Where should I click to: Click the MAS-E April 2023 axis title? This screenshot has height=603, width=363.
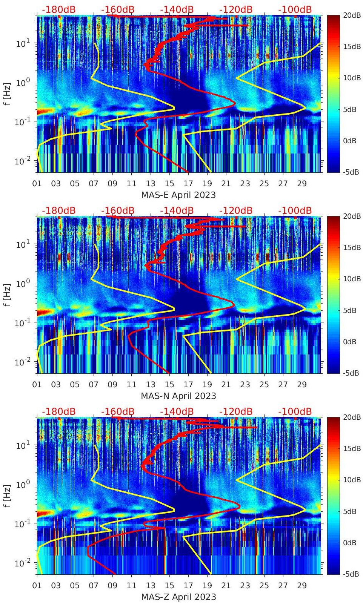coord(178,195)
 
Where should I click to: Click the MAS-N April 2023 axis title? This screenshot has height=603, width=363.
coord(178,396)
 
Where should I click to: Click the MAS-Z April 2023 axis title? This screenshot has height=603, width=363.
coord(178,597)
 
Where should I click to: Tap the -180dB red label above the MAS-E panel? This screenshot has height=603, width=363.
coord(58,9)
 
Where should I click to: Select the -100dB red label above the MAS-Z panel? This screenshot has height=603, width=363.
coord(295,411)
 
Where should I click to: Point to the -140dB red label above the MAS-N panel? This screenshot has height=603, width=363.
coord(177,210)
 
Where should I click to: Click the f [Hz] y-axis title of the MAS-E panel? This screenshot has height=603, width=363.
coord(7,94)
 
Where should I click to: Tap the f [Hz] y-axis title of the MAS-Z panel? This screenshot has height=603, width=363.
coord(7,496)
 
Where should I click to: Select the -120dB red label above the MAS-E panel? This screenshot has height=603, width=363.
coord(236,9)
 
